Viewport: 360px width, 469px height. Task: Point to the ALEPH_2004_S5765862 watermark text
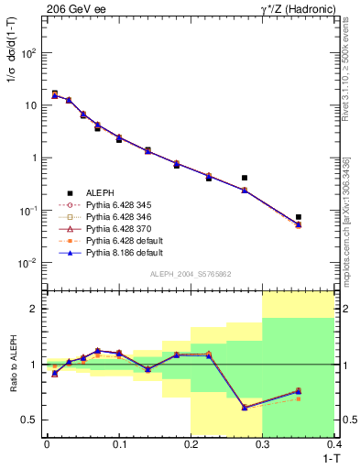point(190,274)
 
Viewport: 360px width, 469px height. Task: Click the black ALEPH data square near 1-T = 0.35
point(299,217)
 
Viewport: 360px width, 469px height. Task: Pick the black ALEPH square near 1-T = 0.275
point(245,178)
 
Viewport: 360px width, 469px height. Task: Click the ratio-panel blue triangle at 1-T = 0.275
point(245,408)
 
